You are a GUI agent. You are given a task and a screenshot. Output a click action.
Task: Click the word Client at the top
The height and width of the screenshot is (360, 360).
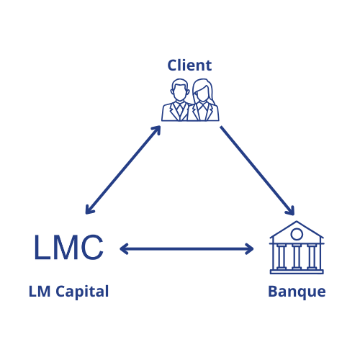click(x=189, y=66)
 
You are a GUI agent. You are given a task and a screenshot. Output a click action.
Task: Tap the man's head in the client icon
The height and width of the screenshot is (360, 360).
click(x=179, y=90)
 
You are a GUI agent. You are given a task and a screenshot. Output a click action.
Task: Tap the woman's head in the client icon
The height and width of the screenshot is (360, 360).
click(x=202, y=91)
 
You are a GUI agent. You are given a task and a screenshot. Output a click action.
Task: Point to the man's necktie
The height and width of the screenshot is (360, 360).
click(x=179, y=110)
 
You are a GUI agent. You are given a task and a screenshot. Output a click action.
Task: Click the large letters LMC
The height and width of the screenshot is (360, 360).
click(x=69, y=247)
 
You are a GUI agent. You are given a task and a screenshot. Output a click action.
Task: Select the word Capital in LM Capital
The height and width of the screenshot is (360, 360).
click(x=82, y=292)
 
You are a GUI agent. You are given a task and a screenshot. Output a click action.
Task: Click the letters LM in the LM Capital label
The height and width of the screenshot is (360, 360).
click(x=40, y=292)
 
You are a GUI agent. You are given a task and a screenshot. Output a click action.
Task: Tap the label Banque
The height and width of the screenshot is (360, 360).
click(x=297, y=292)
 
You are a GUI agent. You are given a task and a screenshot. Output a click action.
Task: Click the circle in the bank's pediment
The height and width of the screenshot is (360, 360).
click(x=297, y=234)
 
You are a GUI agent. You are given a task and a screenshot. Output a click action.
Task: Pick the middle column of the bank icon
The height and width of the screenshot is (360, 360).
click(x=297, y=256)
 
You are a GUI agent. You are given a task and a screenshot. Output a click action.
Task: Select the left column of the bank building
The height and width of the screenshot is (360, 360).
click(x=282, y=256)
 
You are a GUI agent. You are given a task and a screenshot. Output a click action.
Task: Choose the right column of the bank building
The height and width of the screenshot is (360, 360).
click(x=312, y=256)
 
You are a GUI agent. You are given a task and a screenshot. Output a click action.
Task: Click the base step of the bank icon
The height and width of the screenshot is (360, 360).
click(x=297, y=272)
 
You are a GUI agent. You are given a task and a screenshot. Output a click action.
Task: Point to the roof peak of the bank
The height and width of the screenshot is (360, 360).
click(x=297, y=221)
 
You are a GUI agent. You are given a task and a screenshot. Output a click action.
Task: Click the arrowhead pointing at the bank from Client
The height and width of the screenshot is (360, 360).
click(x=290, y=211)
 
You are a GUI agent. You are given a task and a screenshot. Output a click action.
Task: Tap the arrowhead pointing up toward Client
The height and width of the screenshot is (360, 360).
click(x=156, y=130)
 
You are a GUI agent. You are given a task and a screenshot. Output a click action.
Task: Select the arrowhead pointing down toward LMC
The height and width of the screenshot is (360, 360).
click(x=89, y=210)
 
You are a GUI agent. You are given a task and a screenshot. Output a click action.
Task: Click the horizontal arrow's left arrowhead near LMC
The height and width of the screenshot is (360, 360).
click(x=124, y=249)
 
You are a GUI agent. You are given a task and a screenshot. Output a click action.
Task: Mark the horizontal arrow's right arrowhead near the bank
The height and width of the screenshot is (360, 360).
click(x=250, y=249)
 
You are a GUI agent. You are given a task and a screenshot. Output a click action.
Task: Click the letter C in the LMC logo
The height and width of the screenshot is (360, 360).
click(x=92, y=247)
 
